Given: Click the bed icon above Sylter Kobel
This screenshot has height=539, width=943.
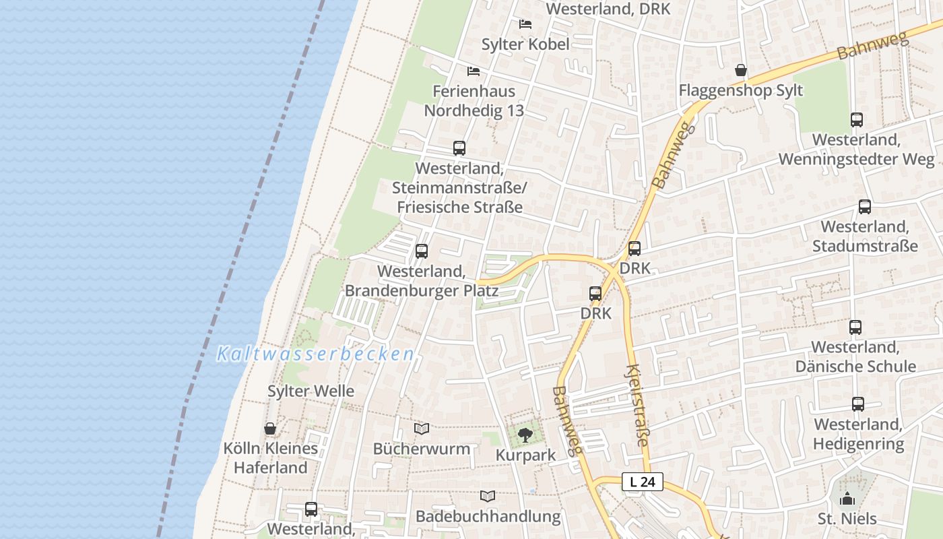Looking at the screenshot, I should coord(525,24).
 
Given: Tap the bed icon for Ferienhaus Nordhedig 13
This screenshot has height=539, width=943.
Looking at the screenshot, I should coord(474,71).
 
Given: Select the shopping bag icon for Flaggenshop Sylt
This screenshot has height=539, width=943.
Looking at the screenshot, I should coord(741,70).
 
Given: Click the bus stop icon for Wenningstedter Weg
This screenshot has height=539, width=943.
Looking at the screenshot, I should coord(857,120).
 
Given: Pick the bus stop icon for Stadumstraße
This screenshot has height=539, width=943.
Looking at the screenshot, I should coord(865,207).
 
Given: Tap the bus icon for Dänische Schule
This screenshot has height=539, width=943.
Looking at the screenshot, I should coord(855,327).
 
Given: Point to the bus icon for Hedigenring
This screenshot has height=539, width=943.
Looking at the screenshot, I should coord(858,404).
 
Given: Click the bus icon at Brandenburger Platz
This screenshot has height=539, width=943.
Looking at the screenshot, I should coord(422,251).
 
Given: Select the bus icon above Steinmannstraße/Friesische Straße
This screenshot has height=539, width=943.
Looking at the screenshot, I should coord(459,148).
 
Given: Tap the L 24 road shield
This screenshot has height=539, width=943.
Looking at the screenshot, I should coord(643,482).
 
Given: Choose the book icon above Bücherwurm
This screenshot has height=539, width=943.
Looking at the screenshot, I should coord(422,429).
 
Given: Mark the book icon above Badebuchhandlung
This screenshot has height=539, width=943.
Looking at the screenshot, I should coord(488,497).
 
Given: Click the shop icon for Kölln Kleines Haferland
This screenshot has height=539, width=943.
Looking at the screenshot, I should coord(270,429).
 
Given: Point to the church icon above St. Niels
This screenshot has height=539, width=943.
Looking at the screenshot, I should coord(847,499).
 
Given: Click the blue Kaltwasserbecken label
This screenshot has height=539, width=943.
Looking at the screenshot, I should coord(315,354).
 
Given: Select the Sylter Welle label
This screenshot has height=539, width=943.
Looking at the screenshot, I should coord(311,391).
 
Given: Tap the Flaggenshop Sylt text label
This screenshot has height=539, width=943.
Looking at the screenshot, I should coord(741,90).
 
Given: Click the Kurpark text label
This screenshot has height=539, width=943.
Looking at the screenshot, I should coord(526,455).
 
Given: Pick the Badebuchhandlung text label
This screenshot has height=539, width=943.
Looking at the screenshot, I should coord(488,517).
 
